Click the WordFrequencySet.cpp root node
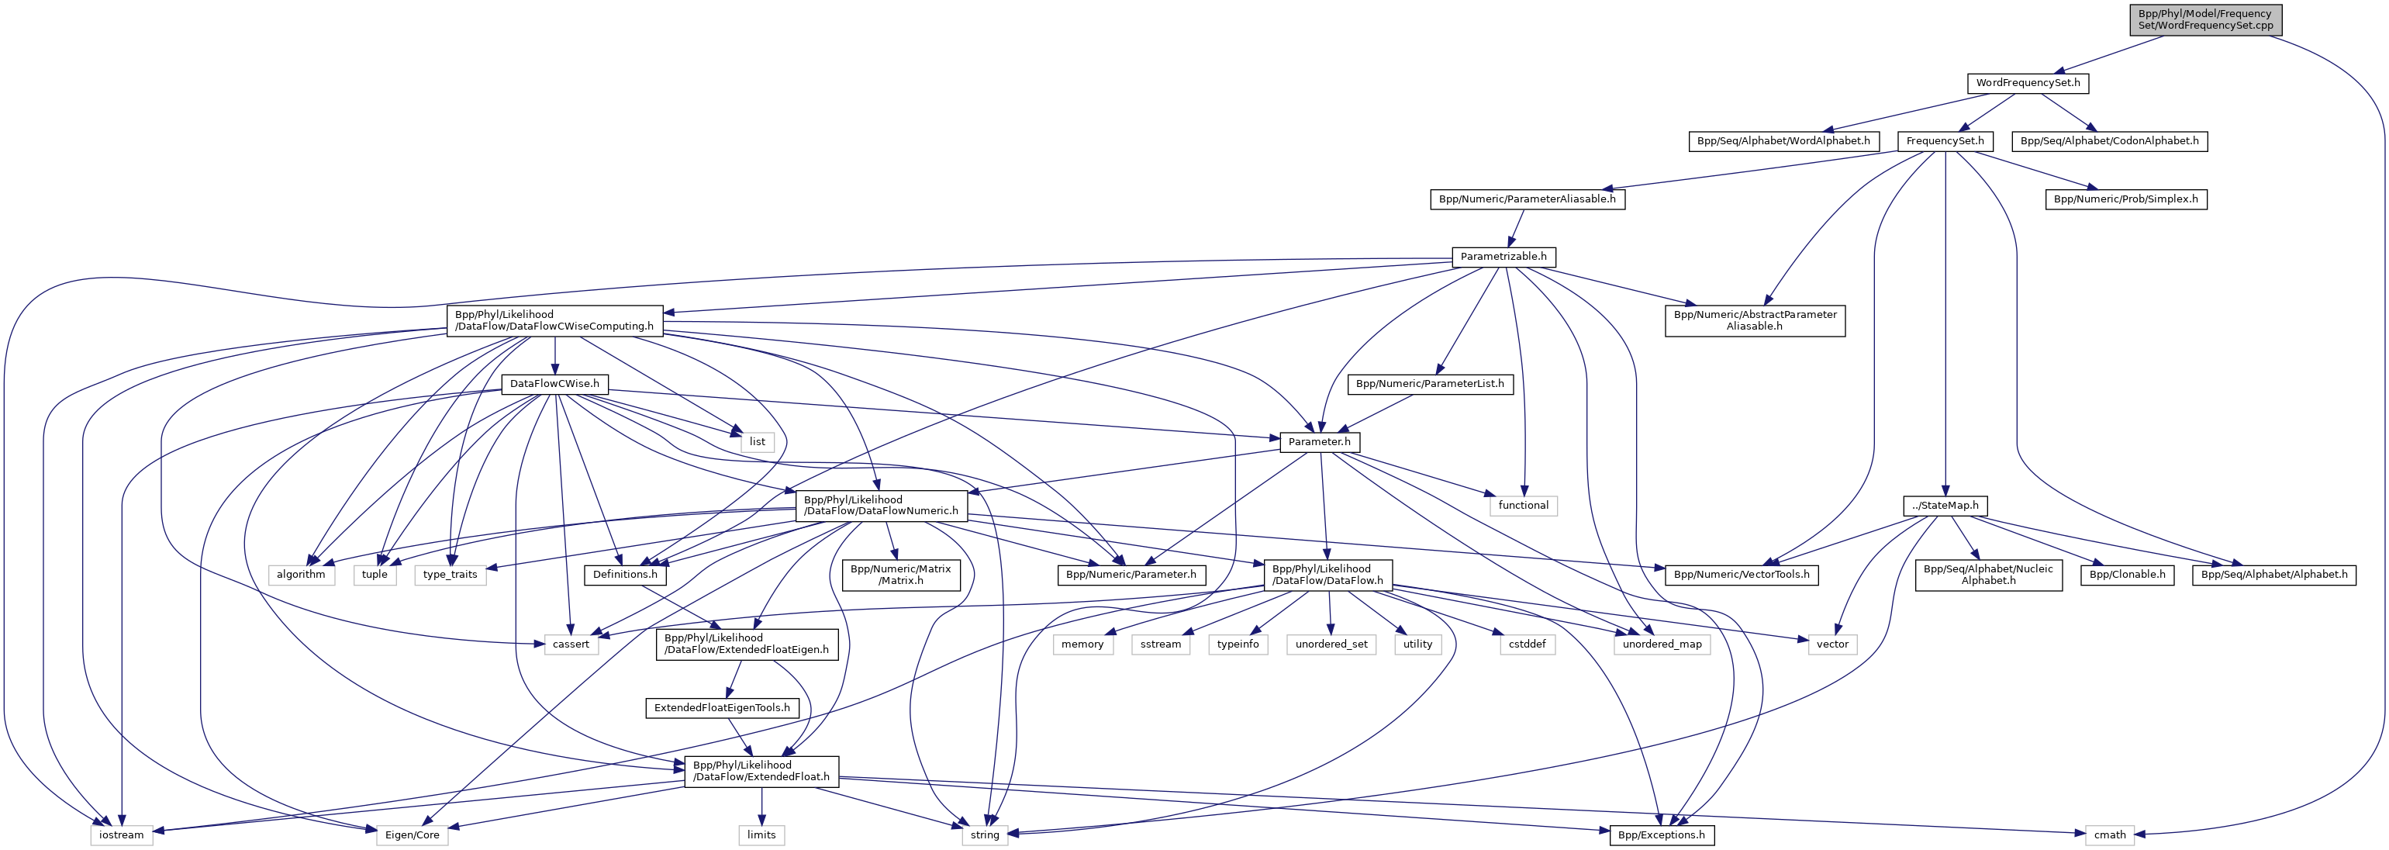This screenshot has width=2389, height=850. click(2204, 19)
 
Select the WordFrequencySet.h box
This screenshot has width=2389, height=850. click(2028, 82)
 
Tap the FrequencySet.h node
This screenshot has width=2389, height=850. click(1945, 141)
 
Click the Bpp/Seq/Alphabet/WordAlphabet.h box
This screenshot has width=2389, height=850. click(1783, 141)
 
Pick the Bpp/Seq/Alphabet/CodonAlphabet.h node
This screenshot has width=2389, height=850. click(2109, 141)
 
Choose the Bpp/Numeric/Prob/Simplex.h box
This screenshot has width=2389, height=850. click(2125, 199)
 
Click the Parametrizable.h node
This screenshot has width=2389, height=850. click(1503, 256)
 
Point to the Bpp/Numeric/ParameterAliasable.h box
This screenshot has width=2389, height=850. click(1527, 199)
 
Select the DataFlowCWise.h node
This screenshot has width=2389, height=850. click(554, 383)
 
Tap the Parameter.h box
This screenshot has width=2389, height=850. click(1319, 442)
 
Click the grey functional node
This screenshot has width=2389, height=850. click(1523, 506)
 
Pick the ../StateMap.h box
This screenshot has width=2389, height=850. click(1945, 506)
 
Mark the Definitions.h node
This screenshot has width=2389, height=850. click(625, 575)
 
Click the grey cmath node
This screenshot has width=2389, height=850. click(2110, 835)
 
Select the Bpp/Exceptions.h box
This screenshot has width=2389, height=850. click(1661, 835)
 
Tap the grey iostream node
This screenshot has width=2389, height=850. click(122, 835)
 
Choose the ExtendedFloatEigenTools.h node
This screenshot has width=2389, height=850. click(722, 708)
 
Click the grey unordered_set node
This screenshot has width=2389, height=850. click(1331, 644)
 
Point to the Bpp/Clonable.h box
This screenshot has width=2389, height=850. click(2128, 575)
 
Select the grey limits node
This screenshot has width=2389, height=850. click(761, 835)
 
